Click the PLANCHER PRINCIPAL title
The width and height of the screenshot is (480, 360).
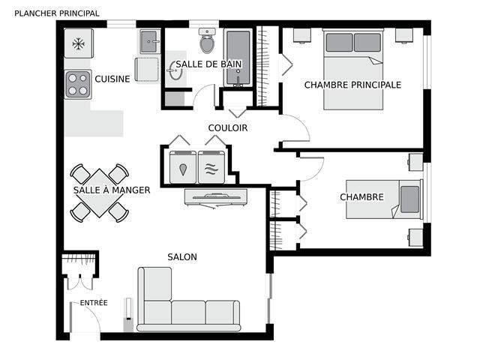[x=57, y=13]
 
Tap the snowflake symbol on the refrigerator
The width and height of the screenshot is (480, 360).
[x=79, y=43]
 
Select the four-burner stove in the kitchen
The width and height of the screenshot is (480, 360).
[x=78, y=85]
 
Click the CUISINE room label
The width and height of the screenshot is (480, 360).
[x=112, y=79]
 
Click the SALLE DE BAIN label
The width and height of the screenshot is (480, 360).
[x=208, y=64]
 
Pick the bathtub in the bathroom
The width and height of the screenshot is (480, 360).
[x=238, y=58]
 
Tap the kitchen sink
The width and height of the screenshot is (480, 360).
[x=150, y=41]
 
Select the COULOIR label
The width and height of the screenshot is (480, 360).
[x=228, y=128]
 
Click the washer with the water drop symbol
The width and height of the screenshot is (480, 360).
[x=183, y=167]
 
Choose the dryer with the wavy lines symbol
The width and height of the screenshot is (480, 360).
[x=211, y=167]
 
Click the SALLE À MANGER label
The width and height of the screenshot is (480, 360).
[x=112, y=190]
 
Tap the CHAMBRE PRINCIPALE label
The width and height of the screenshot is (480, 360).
[x=352, y=85]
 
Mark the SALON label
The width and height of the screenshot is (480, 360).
[x=182, y=257]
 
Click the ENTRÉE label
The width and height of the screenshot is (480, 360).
[x=94, y=303]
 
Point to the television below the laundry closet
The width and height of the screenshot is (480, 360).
[x=216, y=197]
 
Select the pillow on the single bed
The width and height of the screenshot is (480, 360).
[x=409, y=199]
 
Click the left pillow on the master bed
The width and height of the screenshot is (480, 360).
[x=339, y=43]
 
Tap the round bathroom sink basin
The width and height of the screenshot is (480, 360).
[x=175, y=70]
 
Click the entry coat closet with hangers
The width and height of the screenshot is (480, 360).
[x=80, y=264]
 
